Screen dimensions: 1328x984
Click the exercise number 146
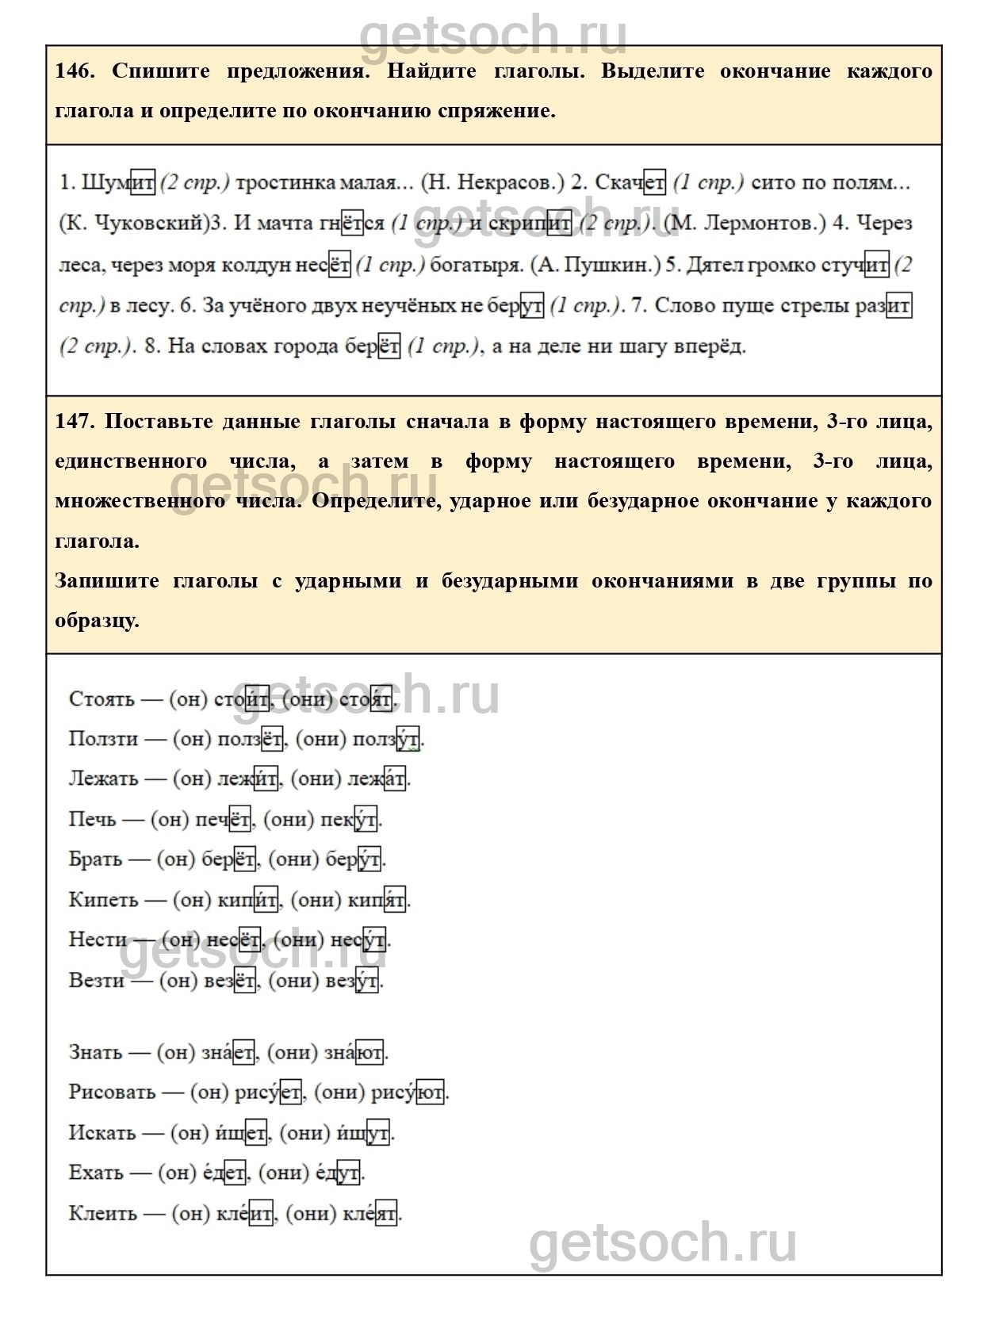75,71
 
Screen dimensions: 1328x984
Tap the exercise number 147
75,421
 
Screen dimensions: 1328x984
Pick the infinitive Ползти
103,739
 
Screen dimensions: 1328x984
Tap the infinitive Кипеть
103,900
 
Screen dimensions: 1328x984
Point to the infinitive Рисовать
112,1093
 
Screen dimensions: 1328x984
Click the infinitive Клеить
102,1214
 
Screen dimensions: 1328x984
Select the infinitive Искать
102,1133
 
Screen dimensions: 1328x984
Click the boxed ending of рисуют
431,1093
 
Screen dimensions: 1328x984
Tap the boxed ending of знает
244,1053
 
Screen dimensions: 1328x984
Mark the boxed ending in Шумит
143,183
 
